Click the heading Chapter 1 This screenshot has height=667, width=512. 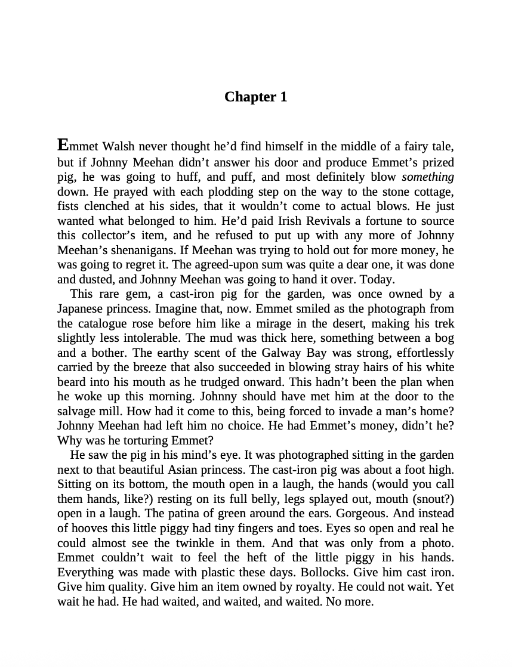click(x=255, y=97)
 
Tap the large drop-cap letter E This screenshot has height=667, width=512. click(x=63, y=145)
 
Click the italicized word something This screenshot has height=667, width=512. click(x=428, y=177)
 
